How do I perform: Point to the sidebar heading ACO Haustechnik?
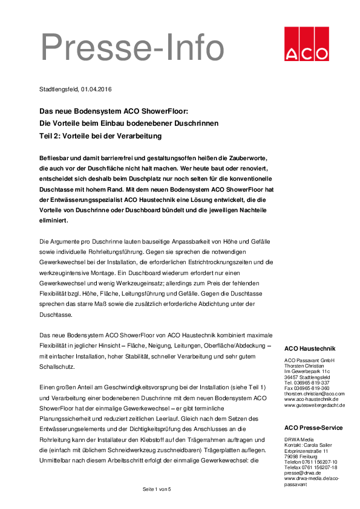[309, 349]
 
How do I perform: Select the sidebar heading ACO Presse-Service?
[313, 427]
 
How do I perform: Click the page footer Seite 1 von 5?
[157, 488]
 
